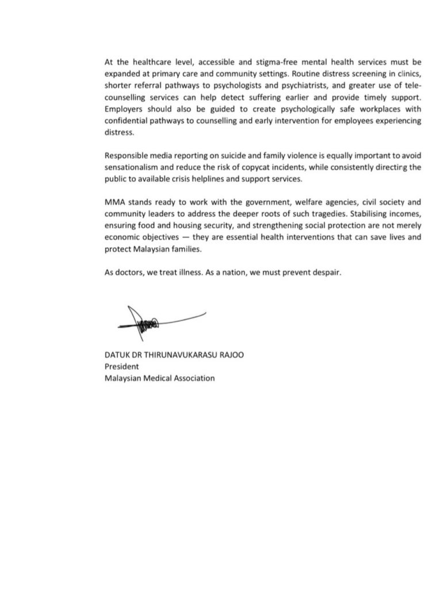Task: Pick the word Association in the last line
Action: [x=192, y=379]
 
